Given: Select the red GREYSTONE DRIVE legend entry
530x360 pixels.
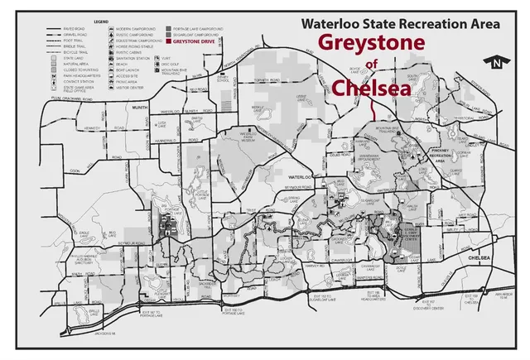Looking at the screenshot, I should pyautogui.click(x=196, y=40).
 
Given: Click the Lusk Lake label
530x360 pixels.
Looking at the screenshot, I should pyautogui.click(x=162, y=123).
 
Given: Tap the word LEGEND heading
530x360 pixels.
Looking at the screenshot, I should pyautogui.click(x=102, y=20).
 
